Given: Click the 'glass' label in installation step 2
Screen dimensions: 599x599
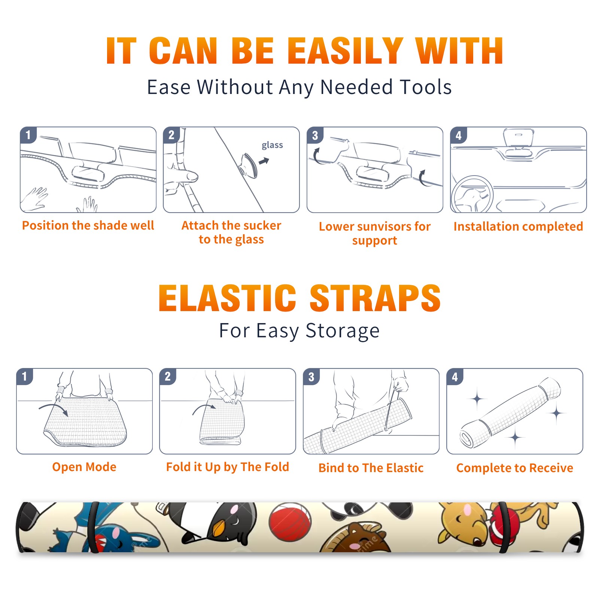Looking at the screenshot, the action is [x=272, y=145].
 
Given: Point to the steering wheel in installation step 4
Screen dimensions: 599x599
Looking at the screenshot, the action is [x=472, y=194].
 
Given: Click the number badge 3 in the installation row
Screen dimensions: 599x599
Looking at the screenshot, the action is [x=315, y=135].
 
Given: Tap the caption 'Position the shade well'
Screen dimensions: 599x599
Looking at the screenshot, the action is [x=88, y=225].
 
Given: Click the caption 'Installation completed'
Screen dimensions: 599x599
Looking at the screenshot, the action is [x=518, y=226].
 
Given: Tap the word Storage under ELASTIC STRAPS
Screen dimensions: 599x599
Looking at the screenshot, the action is [x=343, y=331].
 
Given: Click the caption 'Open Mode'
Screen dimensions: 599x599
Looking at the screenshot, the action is [x=84, y=467].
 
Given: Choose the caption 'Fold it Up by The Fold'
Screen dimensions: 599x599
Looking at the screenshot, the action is [x=228, y=467].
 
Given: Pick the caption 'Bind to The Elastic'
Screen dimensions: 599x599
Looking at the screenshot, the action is [x=371, y=468].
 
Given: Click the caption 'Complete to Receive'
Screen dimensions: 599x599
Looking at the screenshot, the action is [x=515, y=468].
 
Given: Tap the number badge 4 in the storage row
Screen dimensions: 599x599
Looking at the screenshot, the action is [x=455, y=377].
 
